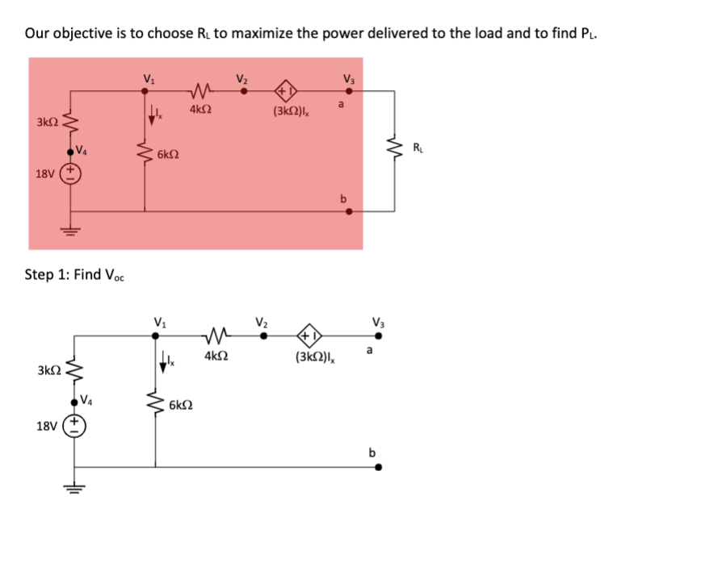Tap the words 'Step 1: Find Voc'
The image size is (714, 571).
74,275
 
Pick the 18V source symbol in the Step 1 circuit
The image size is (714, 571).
79,424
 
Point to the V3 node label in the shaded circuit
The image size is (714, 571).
348,79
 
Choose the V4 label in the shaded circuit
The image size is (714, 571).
82,148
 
